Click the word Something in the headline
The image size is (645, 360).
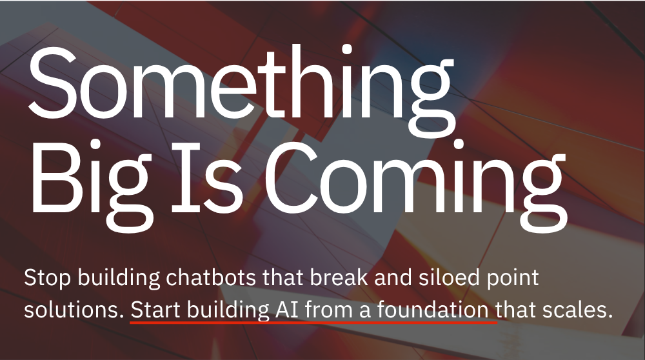pos(242,90)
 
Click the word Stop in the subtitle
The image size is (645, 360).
pos(47,279)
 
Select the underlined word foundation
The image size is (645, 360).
pos(433,310)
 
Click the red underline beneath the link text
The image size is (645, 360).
pos(313,323)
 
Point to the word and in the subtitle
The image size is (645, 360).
pos(393,277)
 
